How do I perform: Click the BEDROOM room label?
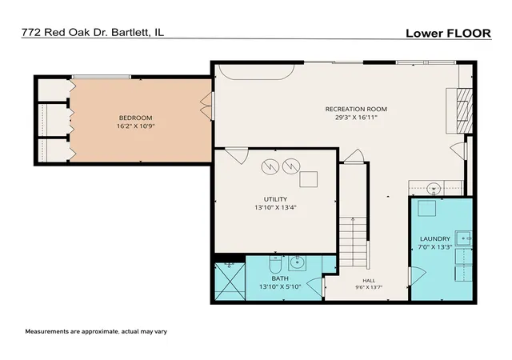tap(135, 118)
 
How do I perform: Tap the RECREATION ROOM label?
tap(356, 109)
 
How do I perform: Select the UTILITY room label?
tap(275, 199)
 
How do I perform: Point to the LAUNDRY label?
tap(435, 239)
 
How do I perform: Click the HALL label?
tap(369, 281)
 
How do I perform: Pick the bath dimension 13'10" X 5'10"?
tap(280, 287)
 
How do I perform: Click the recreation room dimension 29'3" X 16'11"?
tap(356, 118)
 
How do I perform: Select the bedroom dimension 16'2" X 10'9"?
tap(135, 126)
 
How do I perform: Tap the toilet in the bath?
tap(275, 264)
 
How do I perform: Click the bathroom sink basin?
tap(297, 262)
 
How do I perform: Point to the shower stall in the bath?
tap(230, 282)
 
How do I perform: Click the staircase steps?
tap(353, 242)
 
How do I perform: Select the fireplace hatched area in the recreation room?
tap(465, 110)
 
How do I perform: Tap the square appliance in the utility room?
tap(309, 179)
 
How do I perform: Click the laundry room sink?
tap(464, 238)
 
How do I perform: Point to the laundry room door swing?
tap(418, 276)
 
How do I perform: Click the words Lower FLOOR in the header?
tap(448, 34)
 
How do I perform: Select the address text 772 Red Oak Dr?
tap(64, 32)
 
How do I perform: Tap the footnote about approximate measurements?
tap(96, 331)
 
